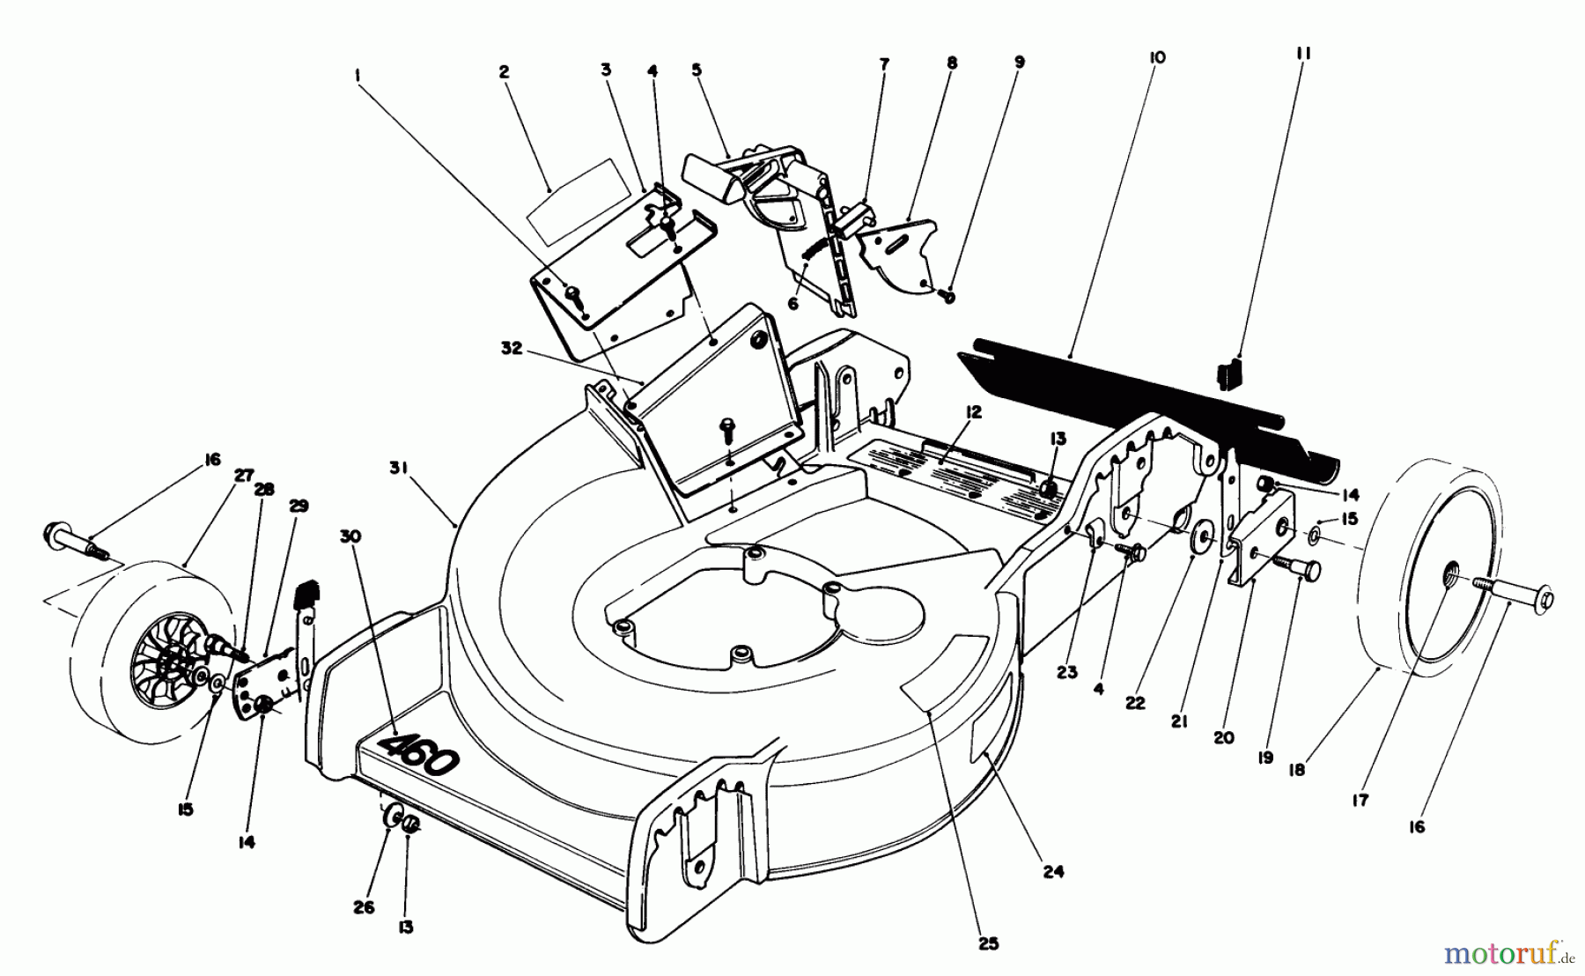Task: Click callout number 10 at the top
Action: pyautogui.click(x=1157, y=57)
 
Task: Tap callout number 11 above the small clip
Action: pyautogui.click(x=1304, y=54)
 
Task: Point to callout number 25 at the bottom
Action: pyautogui.click(x=989, y=943)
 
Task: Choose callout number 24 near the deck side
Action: pyautogui.click(x=1054, y=871)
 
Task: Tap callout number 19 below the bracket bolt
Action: pyautogui.click(x=1265, y=756)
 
